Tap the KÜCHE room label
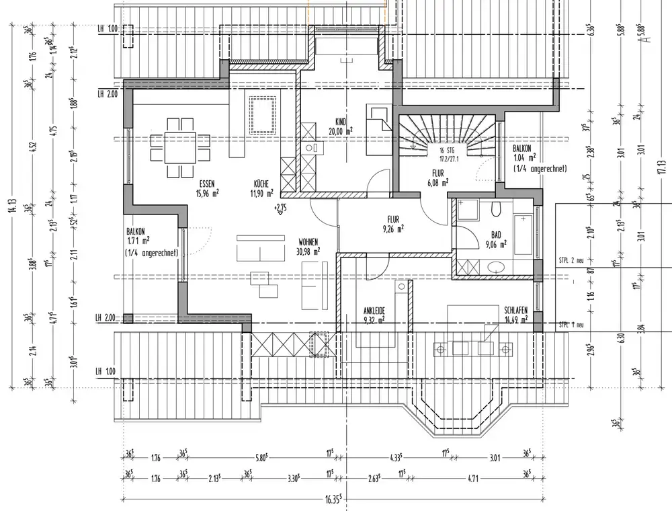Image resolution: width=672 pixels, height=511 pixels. (262, 183)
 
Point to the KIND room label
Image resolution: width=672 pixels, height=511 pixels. (341, 122)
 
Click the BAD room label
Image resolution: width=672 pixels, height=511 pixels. (496, 235)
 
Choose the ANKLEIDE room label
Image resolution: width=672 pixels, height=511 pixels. (374, 311)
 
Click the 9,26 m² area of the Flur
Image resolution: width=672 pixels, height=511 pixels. (392, 229)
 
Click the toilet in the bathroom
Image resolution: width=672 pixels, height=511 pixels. (496, 210)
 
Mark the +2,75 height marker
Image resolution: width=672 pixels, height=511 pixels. (280, 208)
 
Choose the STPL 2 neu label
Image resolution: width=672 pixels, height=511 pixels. (573, 259)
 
